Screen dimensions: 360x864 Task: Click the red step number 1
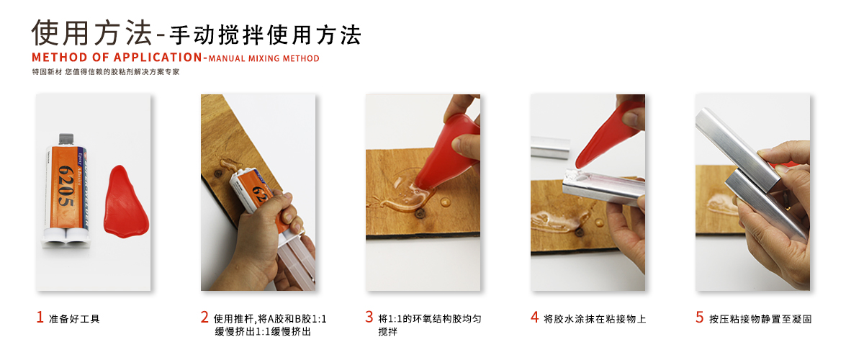coord(40,317)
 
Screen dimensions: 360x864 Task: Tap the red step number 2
coord(204,317)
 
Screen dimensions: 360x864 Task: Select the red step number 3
coord(369,317)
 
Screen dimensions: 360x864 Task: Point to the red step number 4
coord(534,317)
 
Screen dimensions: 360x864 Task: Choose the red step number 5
coord(699,317)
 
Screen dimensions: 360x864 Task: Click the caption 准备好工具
coord(74,318)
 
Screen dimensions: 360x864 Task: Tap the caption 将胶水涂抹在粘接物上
coord(595,318)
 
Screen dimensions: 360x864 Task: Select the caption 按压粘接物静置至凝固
coord(760,318)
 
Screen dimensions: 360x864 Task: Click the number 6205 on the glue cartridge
coord(64,188)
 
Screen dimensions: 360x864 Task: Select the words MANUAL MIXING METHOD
coord(264,58)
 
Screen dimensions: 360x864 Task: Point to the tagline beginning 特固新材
coord(106,72)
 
